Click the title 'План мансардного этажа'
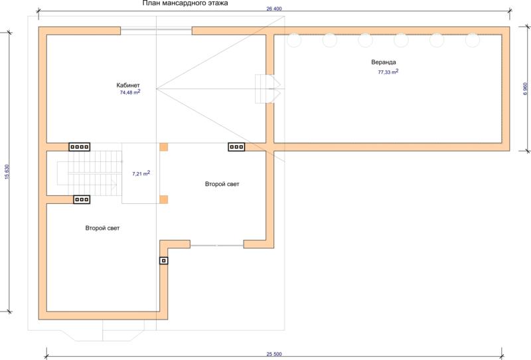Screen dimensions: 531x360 click(x=185, y=3)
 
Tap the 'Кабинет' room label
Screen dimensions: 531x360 click(x=128, y=85)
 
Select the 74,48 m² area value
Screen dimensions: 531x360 click(x=130, y=92)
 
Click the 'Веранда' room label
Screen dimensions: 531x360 click(x=384, y=62)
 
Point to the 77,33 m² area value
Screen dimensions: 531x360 click(x=388, y=72)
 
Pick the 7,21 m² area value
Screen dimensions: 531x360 click(x=141, y=173)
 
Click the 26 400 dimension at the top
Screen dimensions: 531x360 click(x=274, y=9)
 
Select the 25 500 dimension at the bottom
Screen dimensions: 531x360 click(x=274, y=354)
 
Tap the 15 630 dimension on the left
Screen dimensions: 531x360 click(x=7, y=172)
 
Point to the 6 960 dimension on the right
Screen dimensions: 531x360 click(x=525, y=89)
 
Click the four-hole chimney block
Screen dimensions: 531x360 click(x=80, y=147)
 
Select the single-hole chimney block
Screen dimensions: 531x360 click(x=163, y=260)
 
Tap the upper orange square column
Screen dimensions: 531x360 click(x=163, y=147)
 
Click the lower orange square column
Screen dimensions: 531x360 click(x=163, y=199)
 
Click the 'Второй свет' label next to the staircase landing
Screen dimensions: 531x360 click(x=222, y=184)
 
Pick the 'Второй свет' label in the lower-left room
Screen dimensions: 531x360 click(x=102, y=228)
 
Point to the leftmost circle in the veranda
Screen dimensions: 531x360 click(x=294, y=40)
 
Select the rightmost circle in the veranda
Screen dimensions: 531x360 click(x=473, y=40)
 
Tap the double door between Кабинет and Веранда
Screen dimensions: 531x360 click(x=267, y=89)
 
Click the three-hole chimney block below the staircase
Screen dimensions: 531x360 click(x=82, y=199)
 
